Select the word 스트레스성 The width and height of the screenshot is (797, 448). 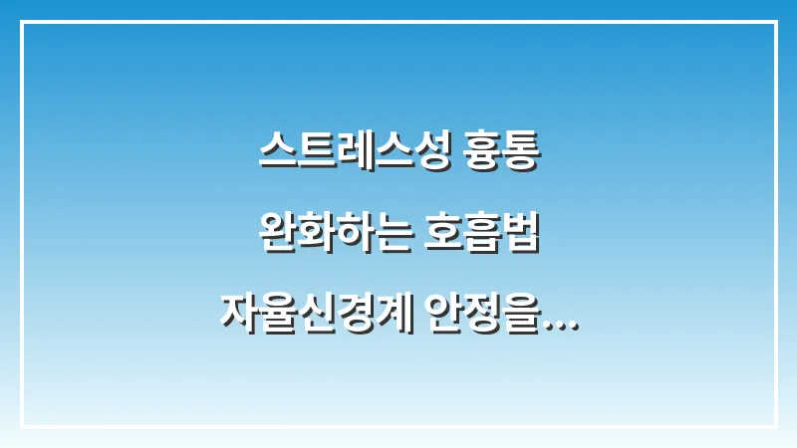[x=354, y=155]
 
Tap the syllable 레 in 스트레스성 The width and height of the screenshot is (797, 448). [x=354, y=155]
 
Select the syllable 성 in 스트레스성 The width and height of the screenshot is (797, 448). [x=429, y=155]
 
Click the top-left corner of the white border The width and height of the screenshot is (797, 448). [x=22, y=22]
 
